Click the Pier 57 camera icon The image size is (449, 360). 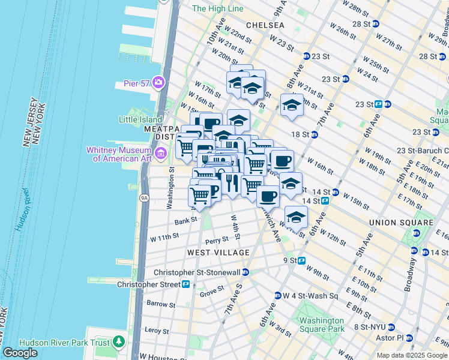click(x=158, y=82)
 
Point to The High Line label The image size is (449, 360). click(x=218, y=9)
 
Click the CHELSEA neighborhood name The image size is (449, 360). click(x=265, y=25)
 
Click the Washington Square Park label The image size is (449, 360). click(x=323, y=325)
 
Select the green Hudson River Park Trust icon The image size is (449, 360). click(x=119, y=342)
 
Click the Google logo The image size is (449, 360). click(x=20, y=353)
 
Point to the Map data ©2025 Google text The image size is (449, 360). click(x=411, y=355)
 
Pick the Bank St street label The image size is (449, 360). click(x=182, y=222)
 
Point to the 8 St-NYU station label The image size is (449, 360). click(x=373, y=327)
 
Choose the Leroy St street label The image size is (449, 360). click(x=157, y=330)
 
